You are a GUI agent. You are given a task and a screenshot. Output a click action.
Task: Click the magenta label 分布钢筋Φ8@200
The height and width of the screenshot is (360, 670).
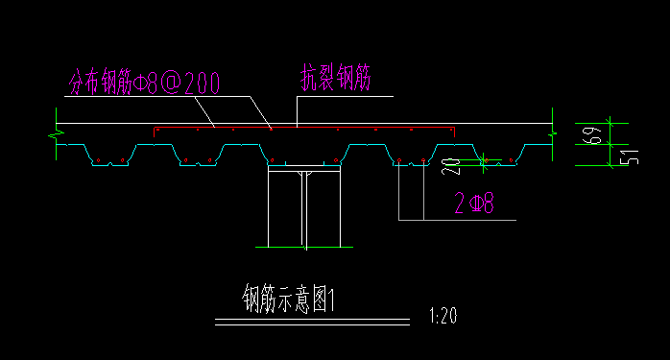143,84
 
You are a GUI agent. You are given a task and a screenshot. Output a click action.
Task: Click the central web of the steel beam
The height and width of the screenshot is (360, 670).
303,211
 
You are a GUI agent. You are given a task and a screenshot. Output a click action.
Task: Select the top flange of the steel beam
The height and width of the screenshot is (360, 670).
303,169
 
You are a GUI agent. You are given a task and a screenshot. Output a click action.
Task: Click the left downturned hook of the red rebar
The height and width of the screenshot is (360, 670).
156,131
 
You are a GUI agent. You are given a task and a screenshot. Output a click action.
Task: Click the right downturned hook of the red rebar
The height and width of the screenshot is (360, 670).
453,131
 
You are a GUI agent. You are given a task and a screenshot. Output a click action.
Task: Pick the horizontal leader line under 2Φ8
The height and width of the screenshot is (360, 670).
456,221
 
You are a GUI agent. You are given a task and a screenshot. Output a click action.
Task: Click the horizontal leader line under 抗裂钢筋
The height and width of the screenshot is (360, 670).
346,96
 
